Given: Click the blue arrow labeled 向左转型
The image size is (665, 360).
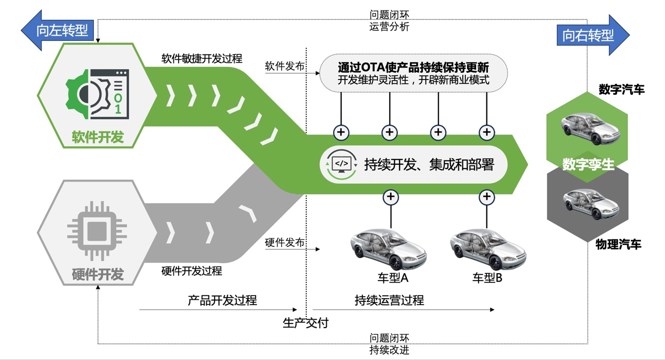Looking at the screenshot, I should [58, 30].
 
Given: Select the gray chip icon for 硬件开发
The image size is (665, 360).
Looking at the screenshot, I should [96, 231].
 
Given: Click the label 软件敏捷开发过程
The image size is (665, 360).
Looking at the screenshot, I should [202, 58].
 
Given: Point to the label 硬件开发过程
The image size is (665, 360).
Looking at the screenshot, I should [192, 271].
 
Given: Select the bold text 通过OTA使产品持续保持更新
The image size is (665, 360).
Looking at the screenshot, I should [413, 67].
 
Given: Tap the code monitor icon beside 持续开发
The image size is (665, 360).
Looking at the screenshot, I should [341, 164].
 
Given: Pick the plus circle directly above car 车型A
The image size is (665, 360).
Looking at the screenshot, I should [391, 197].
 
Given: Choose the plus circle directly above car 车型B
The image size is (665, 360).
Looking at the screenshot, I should [487, 197].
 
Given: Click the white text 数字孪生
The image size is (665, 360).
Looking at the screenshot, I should [588, 164].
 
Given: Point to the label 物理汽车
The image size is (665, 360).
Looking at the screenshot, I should [618, 244].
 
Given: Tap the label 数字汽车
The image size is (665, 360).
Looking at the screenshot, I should [622, 90].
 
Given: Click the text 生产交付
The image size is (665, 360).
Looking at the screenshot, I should [306, 323].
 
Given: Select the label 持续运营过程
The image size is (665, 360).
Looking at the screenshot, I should [389, 300].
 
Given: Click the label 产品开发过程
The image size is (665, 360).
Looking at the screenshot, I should [223, 300].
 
